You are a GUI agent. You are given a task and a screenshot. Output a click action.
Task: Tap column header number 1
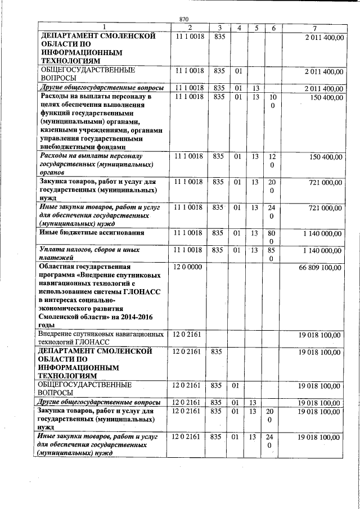point(104,28)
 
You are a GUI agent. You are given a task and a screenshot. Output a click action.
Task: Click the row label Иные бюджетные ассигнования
point(92,232)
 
